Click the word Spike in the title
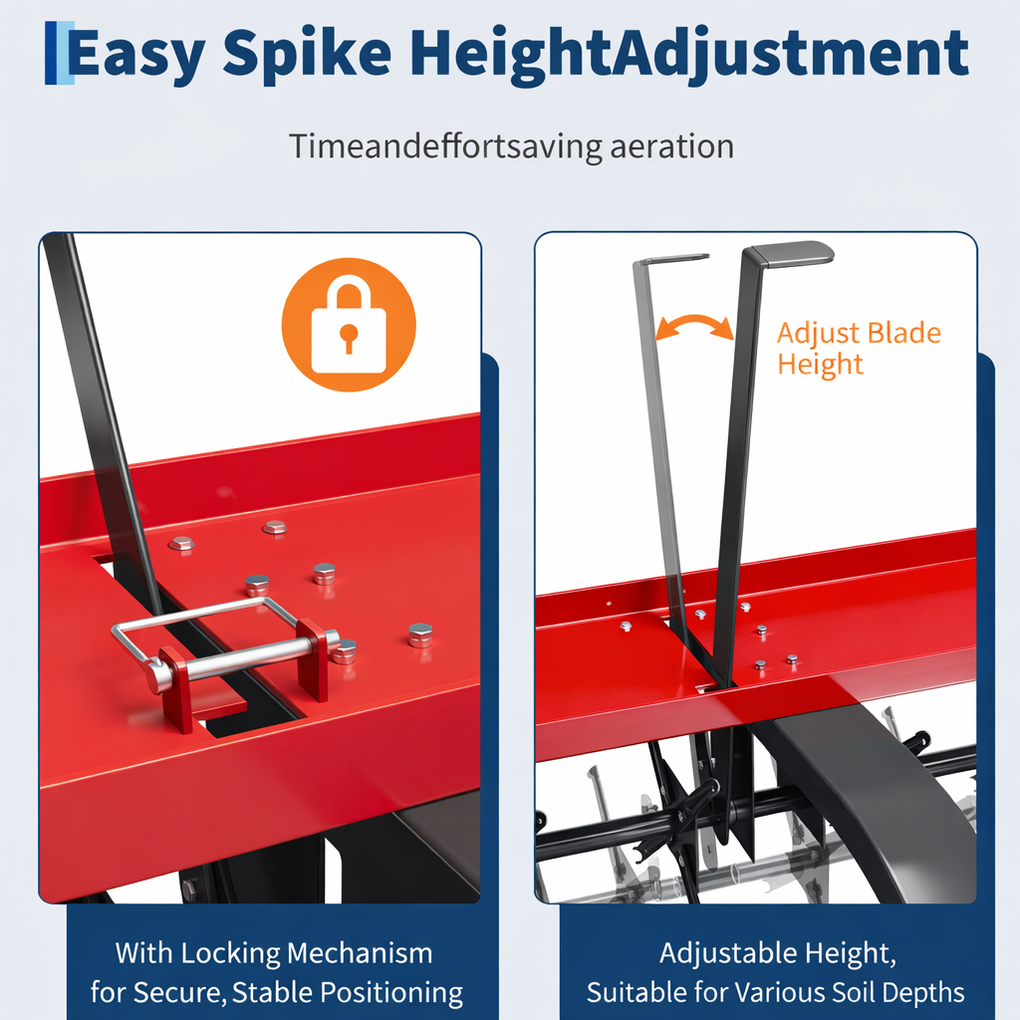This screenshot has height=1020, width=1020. (307, 55)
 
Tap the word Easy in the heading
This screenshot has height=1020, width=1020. (136, 55)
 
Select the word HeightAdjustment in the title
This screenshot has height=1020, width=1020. (689, 55)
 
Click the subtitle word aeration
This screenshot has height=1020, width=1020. (671, 145)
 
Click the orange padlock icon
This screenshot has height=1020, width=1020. (349, 325)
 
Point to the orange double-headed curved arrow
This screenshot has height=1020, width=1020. (694, 325)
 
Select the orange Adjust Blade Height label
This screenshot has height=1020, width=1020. (859, 348)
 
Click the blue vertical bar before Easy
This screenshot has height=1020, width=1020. (52, 54)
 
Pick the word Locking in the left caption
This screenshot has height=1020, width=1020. (230, 953)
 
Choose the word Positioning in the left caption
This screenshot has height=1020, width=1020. (391, 993)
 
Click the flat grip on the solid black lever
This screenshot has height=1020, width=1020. (789, 253)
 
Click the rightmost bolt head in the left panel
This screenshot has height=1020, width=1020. (420, 635)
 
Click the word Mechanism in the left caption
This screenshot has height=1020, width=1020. (360, 953)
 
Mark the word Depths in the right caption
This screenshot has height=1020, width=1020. (931, 993)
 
